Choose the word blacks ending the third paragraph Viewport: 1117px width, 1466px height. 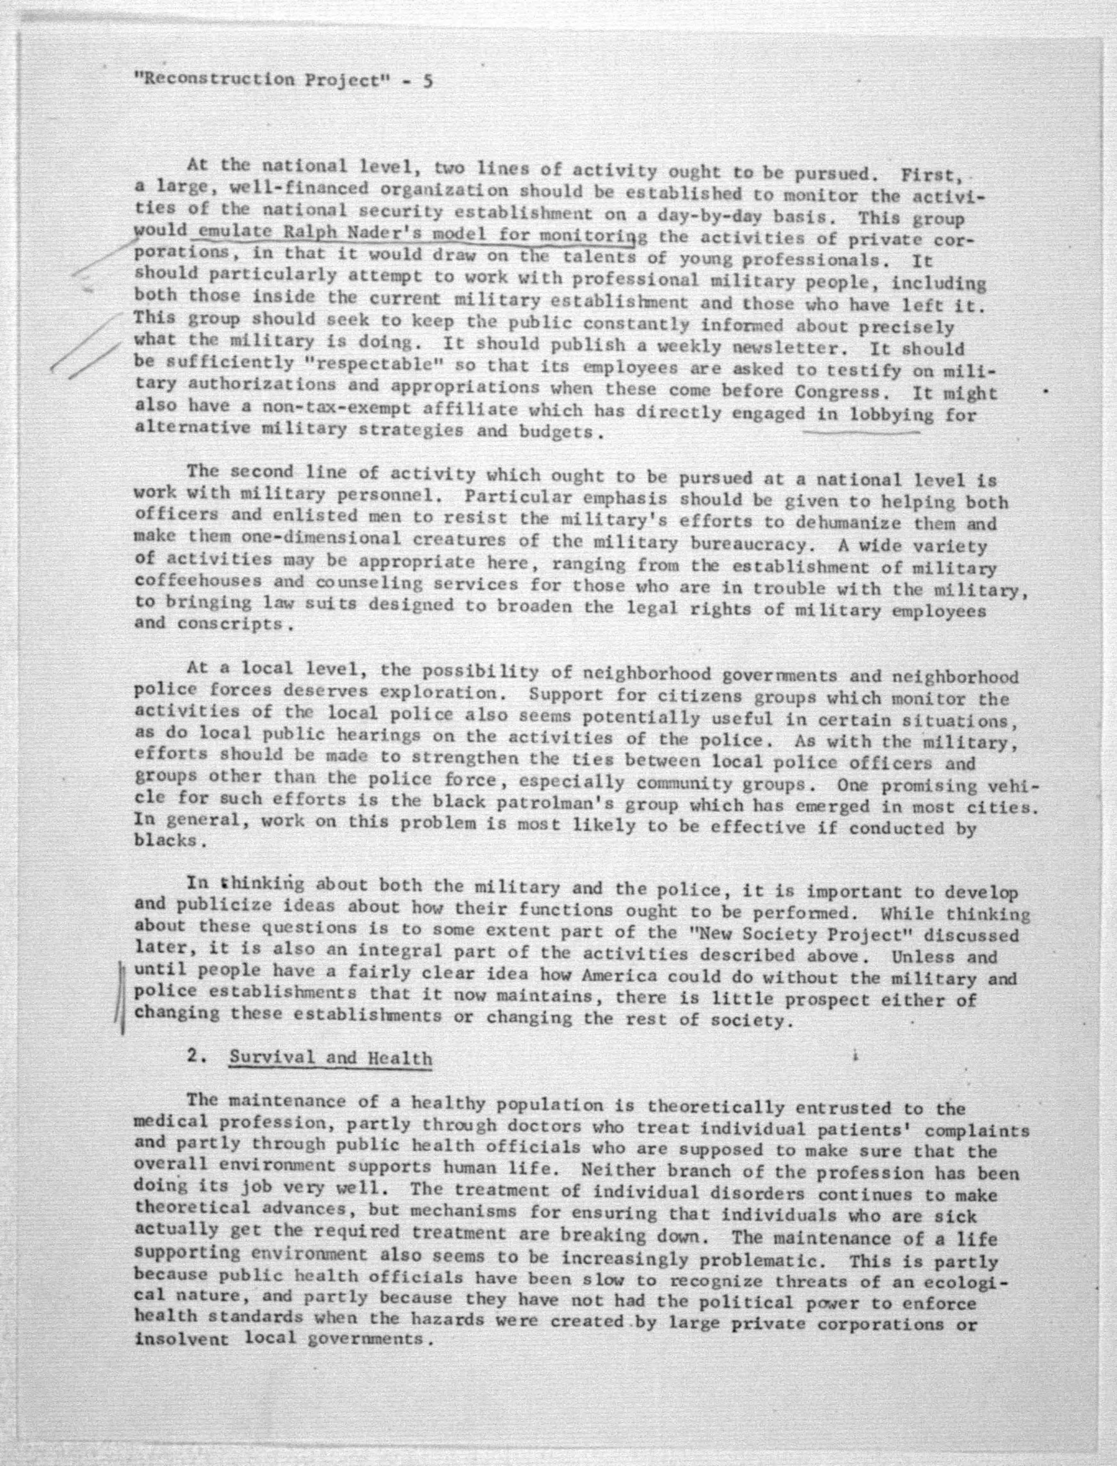(166, 841)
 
